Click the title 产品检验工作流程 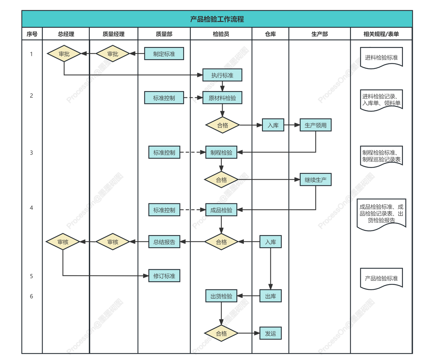pos(217,19)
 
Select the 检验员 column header pos(221,34)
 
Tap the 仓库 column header pos(270,34)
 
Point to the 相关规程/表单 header pos(381,34)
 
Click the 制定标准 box pos(164,54)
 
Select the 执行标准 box pos(222,76)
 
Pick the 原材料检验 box pos(222,98)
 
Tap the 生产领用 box pos(315,126)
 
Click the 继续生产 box pos(315,180)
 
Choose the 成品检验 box pos(221,210)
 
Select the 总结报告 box pos(164,242)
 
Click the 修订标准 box pos(164,276)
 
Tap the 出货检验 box pos(221,296)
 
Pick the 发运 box pos(270,334)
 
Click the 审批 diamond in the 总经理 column pos(64,54)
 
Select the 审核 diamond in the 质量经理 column pos(113,242)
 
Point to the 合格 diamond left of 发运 pos(221,334)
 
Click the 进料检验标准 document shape pos(381,58)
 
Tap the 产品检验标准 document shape pos(381,279)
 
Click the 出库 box pos(270,296)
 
